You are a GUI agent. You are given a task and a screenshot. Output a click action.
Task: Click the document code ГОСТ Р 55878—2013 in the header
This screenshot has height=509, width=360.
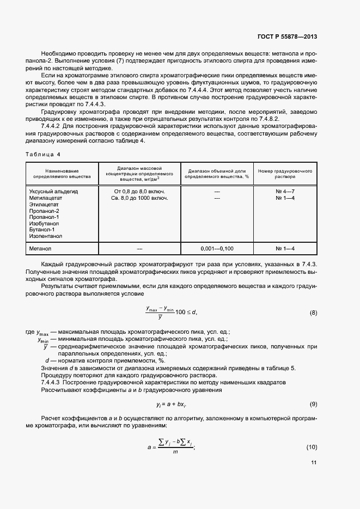click(286, 36)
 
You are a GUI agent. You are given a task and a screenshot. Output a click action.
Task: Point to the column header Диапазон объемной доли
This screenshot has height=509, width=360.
click(216, 170)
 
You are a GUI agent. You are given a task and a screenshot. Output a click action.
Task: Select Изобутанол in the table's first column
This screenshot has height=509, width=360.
click(45, 223)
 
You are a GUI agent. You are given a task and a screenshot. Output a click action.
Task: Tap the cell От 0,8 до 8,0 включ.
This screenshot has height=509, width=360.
click(139, 192)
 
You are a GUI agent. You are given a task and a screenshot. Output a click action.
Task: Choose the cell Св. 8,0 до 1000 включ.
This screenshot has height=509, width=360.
click(139, 198)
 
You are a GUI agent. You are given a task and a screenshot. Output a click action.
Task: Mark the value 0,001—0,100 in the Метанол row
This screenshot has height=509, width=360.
click(216, 249)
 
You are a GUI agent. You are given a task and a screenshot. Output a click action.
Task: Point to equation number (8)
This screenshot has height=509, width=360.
click(313, 312)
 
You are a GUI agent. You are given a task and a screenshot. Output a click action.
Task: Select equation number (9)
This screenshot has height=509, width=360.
click(313, 404)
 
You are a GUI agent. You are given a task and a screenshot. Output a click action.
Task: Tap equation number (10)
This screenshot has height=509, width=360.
click(312, 447)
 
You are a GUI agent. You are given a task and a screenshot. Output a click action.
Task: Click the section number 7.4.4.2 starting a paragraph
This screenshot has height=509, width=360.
click(53, 125)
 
